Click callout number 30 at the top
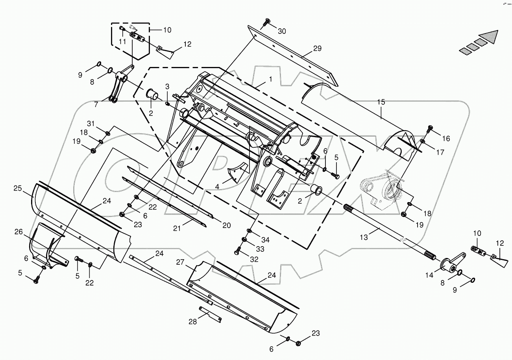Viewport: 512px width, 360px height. click(282, 31)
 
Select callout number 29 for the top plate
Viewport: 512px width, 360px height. click(317, 49)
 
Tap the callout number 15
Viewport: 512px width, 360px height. click(381, 102)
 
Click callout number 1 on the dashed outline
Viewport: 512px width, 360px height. click(270, 79)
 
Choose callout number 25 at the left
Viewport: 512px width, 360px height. click(17, 189)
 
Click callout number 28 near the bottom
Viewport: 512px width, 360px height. click(192, 322)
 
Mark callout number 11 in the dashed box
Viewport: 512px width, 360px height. click(122, 41)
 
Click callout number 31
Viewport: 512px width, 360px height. click(91, 124)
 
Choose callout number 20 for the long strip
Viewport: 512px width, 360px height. click(226, 225)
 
